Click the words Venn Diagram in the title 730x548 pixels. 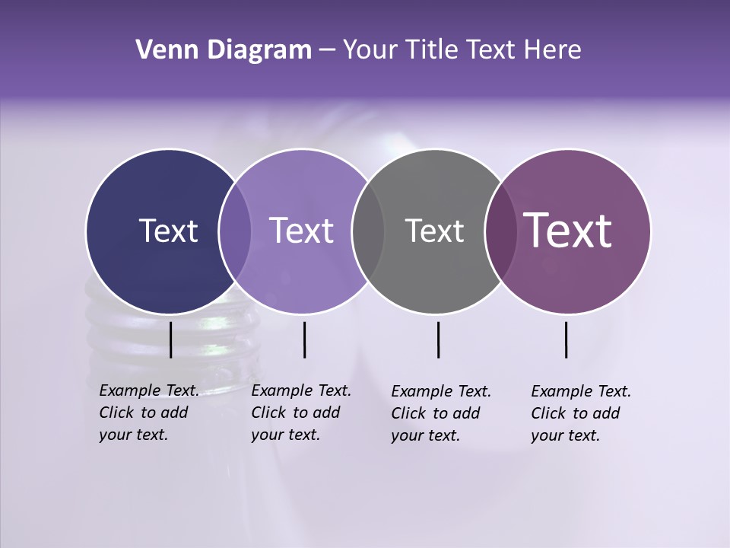[224, 50]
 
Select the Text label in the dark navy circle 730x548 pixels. [168, 231]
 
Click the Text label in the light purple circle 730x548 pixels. [302, 231]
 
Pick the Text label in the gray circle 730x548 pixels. [434, 231]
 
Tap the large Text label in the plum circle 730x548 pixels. [568, 231]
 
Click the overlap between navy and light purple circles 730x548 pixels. [235, 231]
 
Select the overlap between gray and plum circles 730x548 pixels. [499, 231]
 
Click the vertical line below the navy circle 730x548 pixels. [170, 339]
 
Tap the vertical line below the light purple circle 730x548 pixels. [304, 339]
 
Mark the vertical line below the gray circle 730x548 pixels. [439, 339]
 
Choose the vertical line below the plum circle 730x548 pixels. [567, 339]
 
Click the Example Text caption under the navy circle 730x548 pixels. [149, 413]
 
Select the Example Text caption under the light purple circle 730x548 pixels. [301, 413]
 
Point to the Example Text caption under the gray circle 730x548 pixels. [441, 413]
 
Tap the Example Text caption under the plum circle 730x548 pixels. [581, 413]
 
